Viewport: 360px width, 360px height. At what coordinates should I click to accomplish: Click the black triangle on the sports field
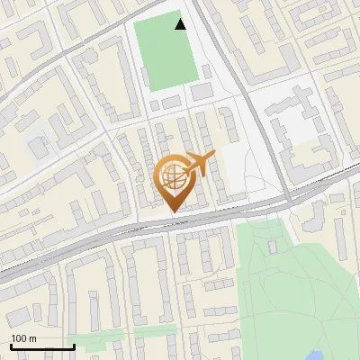pos(181,24)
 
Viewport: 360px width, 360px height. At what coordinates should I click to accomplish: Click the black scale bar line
pos(41,346)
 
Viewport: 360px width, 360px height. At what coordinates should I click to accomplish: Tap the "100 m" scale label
pos(23,338)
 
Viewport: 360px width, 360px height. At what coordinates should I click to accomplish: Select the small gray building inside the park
pos(274,245)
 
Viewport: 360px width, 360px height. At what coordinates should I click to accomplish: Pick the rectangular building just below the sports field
pos(202,92)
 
